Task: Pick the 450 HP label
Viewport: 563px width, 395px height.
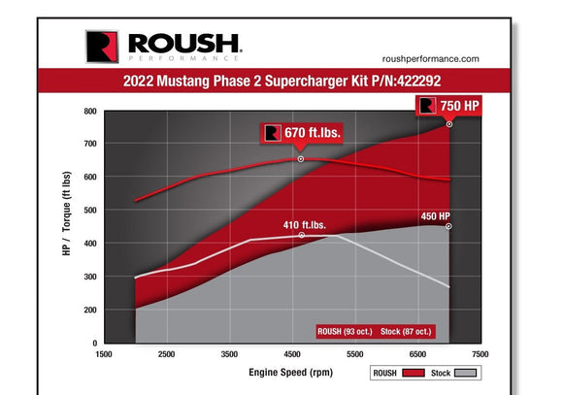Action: click(435, 215)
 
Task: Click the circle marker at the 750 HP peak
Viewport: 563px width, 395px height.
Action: click(449, 124)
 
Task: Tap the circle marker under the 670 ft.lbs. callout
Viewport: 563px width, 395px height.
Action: click(301, 158)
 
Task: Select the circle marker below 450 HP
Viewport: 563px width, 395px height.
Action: click(449, 226)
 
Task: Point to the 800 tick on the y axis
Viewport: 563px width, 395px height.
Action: click(90, 111)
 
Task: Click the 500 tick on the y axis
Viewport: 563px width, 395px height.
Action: click(90, 211)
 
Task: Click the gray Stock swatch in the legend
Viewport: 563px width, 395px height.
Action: click(468, 373)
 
